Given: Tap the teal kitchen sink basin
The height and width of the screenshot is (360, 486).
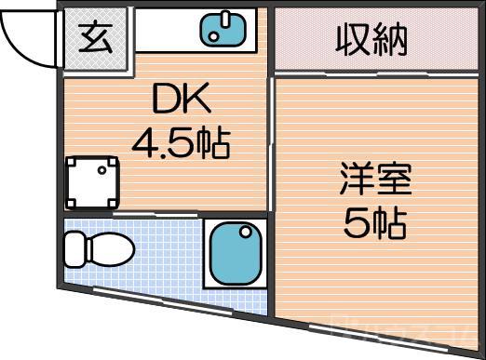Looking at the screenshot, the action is pyautogui.click(x=224, y=29).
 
